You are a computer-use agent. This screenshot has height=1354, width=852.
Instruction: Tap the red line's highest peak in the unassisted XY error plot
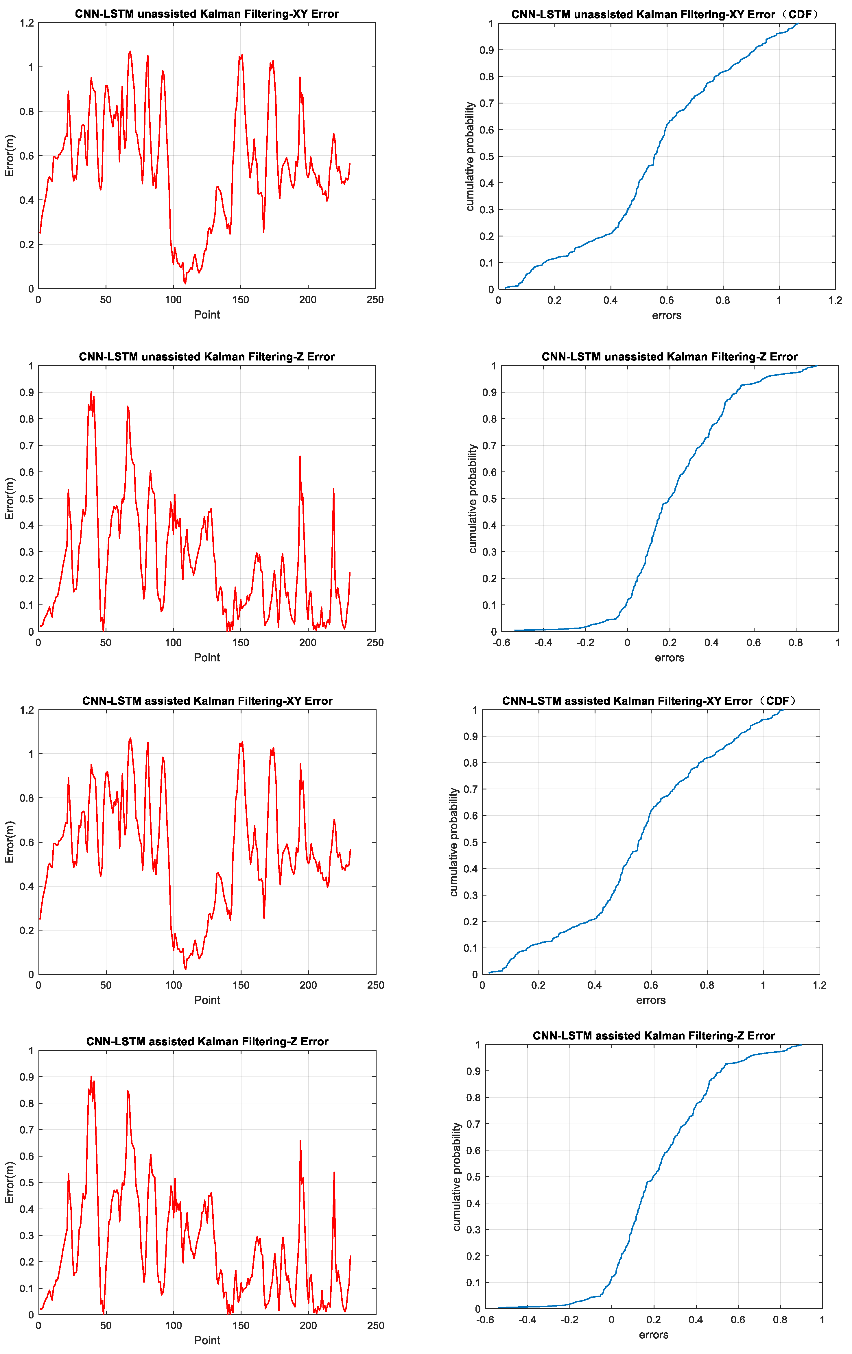coord(130,52)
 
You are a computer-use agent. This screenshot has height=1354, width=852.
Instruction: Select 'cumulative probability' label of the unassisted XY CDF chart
coord(470,156)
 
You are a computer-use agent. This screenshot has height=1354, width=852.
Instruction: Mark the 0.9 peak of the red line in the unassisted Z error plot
coord(91,393)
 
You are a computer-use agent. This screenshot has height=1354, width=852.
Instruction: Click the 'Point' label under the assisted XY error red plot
coord(207,1000)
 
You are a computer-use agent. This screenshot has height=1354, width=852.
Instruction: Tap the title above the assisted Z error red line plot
coord(207,1041)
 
